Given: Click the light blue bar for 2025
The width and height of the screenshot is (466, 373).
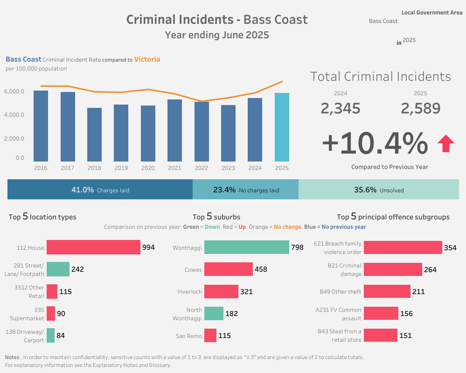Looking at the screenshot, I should pos(282,127).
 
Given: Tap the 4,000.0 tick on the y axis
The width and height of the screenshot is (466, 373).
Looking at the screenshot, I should pos(14,115).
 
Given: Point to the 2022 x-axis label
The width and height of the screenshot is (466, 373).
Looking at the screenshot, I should pos(202,168).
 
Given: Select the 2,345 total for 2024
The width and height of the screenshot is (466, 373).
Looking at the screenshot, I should pos(340,108).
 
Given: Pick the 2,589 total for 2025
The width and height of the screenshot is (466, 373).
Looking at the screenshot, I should pos(420,108).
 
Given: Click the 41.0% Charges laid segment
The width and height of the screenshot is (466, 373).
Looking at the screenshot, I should pos(100,190).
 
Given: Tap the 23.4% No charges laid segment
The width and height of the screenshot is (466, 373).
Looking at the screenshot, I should pos(245,190).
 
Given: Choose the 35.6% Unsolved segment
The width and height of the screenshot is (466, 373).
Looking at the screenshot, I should pos(378,190).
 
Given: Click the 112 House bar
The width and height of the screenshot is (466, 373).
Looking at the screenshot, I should pos(93,247).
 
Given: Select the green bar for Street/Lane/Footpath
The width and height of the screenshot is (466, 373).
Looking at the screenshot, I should pos(58,269).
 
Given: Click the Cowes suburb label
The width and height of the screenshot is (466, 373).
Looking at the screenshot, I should pos(193,269).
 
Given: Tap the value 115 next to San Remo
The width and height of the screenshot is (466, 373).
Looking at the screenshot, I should pos(225,336).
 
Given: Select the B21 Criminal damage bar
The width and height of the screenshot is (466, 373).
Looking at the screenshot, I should pos(392,269).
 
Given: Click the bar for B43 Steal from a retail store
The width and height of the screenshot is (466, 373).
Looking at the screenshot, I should pos(380,335).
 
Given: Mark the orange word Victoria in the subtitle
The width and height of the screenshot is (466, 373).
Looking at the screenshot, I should pos(147,59).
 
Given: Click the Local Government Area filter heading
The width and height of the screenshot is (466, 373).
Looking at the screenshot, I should pos(431,13).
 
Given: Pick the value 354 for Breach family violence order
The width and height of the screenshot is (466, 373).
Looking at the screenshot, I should pos(450,248).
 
